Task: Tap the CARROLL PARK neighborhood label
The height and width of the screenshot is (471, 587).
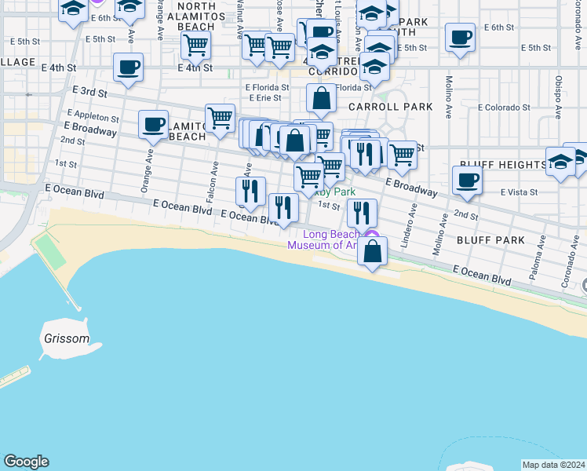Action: pos(380,106)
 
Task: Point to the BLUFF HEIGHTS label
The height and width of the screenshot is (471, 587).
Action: pos(502,165)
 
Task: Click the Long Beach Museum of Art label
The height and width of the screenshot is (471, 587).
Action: pos(326,239)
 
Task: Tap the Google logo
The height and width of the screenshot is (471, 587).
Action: pos(26,462)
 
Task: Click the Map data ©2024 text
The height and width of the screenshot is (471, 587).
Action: pos(552,465)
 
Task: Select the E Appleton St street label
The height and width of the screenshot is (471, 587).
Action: pos(93,117)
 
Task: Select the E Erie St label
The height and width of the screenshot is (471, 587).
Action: pos(264,98)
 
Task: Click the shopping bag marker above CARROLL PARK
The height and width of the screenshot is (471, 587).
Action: pos(321,98)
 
